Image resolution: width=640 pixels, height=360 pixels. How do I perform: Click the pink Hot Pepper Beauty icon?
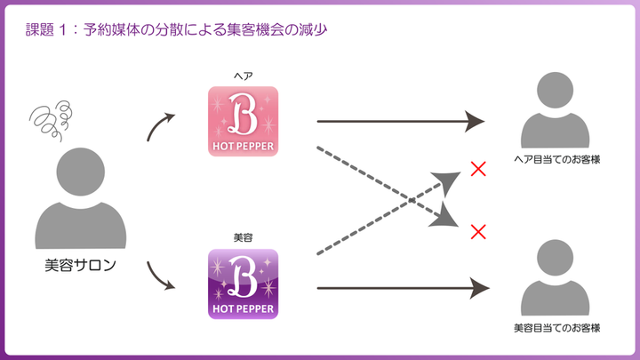pyautogui.click(x=243, y=121)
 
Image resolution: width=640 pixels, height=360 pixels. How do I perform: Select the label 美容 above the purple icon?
pyautogui.click(x=243, y=238)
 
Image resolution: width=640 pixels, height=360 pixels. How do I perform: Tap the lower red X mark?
pyautogui.click(x=477, y=232)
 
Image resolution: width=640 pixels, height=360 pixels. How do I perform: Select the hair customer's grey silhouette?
pyautogui.click(x=556, y=111)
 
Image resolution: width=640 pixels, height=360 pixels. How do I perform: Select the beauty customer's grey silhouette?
pyautogui.click(x=556, y=276)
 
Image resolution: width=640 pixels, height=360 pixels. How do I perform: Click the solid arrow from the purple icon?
pyautogui.click(x=400, y=287)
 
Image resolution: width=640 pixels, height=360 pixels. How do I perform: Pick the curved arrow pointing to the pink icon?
pyautogui.click(x=164, y=126)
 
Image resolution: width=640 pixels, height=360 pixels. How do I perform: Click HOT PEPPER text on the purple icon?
pyautogui.click(x=243, y=310)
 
